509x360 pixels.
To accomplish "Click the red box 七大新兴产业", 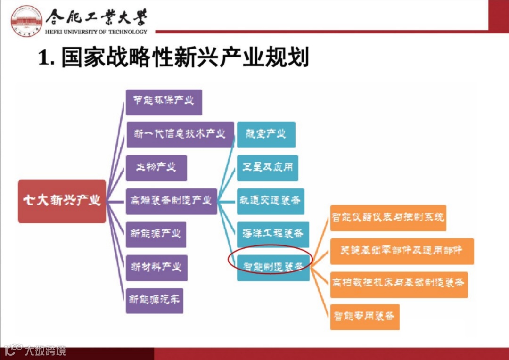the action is pyautogui.click(x=62, y=201).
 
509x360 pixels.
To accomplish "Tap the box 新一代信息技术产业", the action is pyautogui.click(x=180, y=135).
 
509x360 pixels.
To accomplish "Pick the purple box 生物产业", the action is pyautogui.click(x=156, y=168).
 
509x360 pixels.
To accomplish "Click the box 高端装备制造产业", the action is pyautogui.click(x=171, y=201).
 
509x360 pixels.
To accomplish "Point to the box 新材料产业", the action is pyautogui.click(x=156, y=268).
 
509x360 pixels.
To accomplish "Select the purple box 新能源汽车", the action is pyautogui.click(x=154, y=300).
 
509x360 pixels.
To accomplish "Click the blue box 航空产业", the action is pyautogui.click(x=266, y=134).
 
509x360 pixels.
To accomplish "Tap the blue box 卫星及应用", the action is pyautogui.click(x=267, y=168).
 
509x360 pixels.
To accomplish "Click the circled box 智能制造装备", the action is pyautogui.click(x=273, y=267).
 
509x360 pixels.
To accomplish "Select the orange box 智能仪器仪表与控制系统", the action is pyautogui.click(x=388, y=218).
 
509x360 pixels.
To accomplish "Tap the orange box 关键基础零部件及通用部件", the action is pyautogui.click(x=402, y=251).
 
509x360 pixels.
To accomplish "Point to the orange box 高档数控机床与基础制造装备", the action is pyautogui.click(x=399, y=284).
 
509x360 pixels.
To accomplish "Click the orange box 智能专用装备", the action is pyautogui.click(x=364, y=317).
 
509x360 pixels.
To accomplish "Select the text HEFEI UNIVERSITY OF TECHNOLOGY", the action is pyautogui.click(x=96, y=32).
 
